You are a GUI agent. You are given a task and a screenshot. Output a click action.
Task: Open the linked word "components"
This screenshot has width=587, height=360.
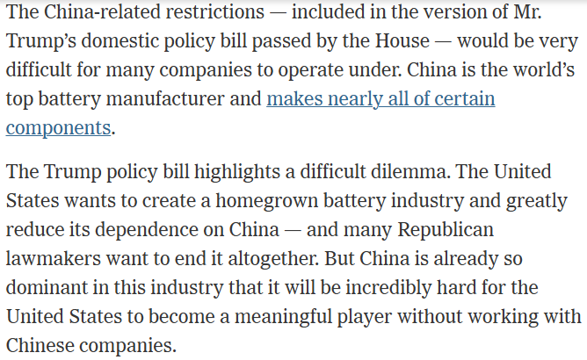tap(58, 127)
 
